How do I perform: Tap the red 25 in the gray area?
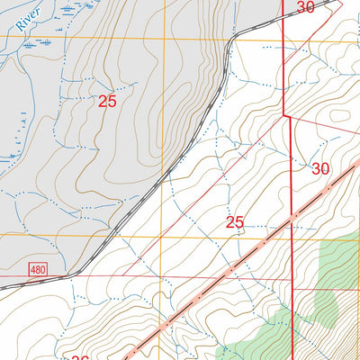107,102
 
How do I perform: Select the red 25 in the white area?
235,222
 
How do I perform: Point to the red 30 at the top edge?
305,7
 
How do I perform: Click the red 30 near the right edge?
320,168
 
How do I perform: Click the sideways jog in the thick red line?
289,115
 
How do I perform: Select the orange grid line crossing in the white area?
163,237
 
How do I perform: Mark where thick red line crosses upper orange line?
283,39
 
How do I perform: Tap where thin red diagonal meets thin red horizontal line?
124,275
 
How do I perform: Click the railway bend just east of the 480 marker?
77,271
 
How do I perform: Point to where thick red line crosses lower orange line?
295,237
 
